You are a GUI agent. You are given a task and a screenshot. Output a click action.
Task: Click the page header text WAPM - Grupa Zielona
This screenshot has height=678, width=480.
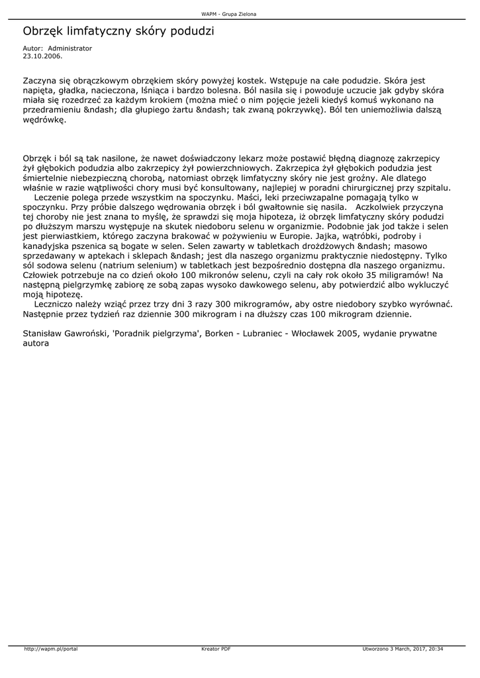tap(228, 14)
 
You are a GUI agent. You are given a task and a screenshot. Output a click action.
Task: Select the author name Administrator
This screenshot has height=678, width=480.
tap(70, 48)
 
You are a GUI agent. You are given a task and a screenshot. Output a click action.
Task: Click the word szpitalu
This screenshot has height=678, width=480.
tap(432, 187)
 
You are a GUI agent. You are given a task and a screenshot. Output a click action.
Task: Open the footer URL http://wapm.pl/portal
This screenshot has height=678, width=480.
tap(51, 649)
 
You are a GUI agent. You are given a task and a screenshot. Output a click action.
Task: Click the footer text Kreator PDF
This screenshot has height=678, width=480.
tap(216, 649)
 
